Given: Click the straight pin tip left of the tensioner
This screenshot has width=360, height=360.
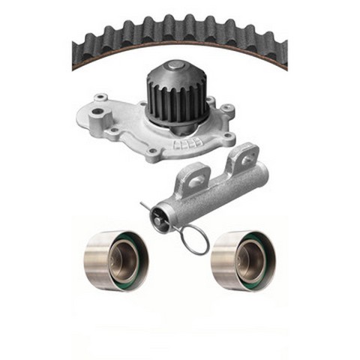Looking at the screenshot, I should pos(142,202).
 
